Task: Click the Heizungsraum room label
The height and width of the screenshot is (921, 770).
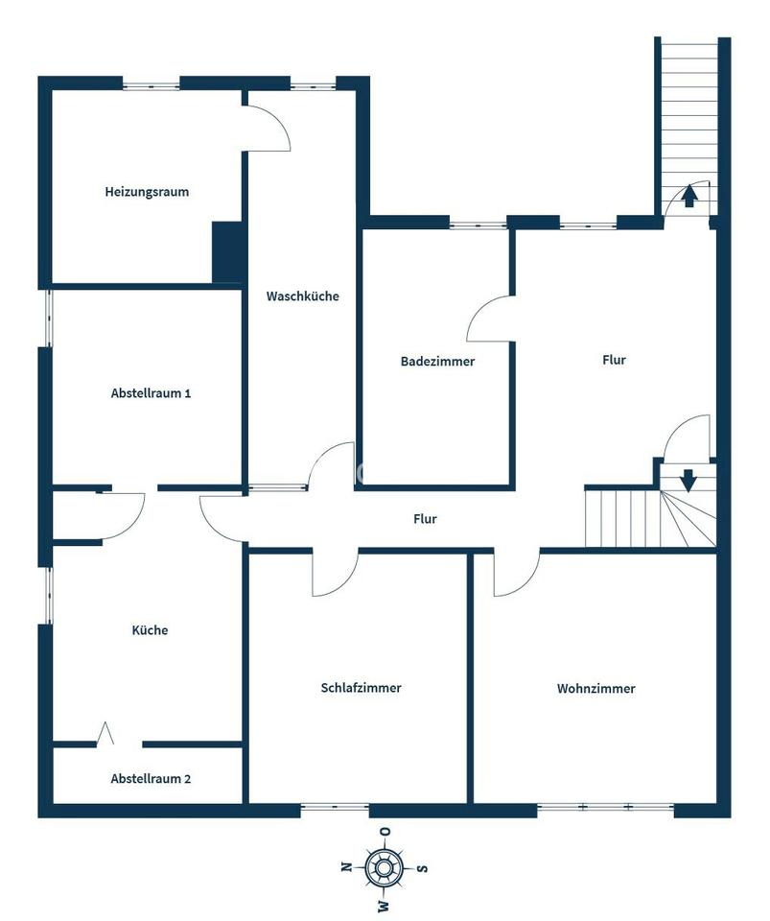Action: (x=147, y=192)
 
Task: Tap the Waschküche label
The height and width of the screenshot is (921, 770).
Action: (x=302, y=296)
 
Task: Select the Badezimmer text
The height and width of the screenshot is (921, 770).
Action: (x=437, y=362)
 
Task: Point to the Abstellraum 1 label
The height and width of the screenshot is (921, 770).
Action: (x=151, y=393)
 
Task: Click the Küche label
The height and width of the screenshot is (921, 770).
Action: (x=150, y=630)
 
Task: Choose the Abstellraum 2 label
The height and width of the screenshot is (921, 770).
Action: (x=151, y=779)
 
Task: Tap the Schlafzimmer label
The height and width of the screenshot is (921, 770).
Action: (x=361, y=688)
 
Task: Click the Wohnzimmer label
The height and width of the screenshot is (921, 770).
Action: (x=595, y=689)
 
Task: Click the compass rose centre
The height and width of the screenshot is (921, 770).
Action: (x=384, y=867)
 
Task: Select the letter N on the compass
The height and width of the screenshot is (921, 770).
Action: (x=346, y=866)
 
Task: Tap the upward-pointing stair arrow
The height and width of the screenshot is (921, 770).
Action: (x=689, y=196)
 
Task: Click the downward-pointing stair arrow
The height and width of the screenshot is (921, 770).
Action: (x=688, y=480)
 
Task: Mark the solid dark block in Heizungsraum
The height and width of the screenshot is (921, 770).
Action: (x=227, y=252)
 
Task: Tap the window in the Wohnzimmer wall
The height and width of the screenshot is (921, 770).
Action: (x=605, y=807)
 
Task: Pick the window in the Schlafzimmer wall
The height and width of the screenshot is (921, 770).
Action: (x=335, y=807)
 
